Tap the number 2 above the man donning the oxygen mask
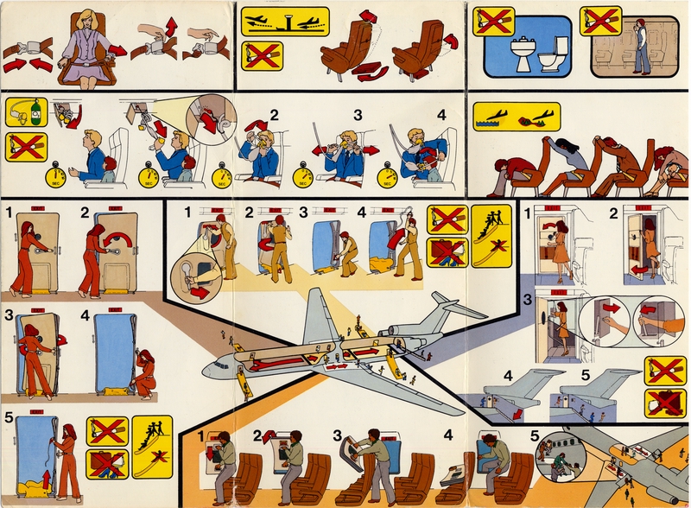point(274,113)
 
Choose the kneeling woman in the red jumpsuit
point(143,372)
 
